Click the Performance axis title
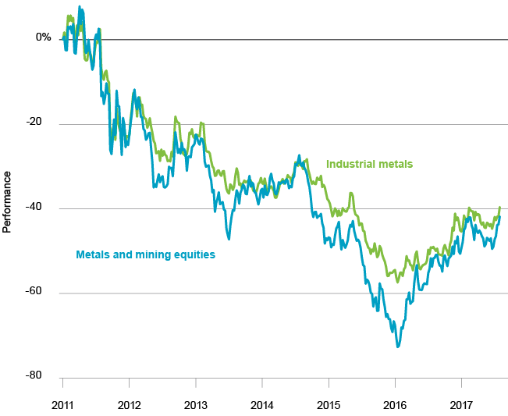[x=8, y=208]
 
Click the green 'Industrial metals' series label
[x=369, y=164]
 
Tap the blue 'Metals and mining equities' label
[x=145, y=254]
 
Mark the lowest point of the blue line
[x=398, y=346]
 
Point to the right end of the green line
[x=499, y=207]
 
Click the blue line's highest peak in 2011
[x=80, y=7]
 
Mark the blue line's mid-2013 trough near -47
[x=229, y=239]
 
